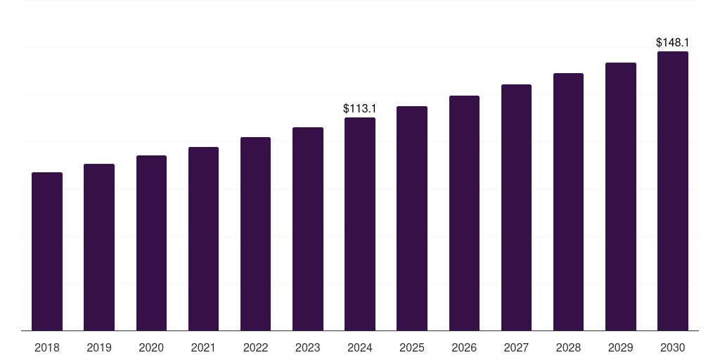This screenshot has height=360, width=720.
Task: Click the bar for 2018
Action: [47, 251]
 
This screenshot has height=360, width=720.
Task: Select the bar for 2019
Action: [99, 247]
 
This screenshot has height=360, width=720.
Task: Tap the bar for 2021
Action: [203, 238]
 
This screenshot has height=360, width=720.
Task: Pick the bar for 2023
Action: [308, 229]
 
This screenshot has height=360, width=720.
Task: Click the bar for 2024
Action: [360, 224]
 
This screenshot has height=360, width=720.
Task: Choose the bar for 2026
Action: [464, 213]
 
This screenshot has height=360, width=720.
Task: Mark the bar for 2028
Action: [568, 202]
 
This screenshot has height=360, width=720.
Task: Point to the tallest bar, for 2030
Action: [673, 191]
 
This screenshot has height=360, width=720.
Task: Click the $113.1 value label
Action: [360, 108]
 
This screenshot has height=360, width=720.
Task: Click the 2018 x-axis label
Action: [47, 347]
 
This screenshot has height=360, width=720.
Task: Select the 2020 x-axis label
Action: [151, 347]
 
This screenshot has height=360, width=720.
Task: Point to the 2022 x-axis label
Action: [255, 347]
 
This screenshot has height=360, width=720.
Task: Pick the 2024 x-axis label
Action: [360, 347]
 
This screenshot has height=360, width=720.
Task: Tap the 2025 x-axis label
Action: [412, 347]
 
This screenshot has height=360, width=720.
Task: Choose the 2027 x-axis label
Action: [516, 347]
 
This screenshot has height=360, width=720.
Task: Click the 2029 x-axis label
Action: [620, 347]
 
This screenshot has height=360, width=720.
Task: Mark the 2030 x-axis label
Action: [673, 347]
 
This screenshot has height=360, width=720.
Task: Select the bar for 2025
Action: [412, 218]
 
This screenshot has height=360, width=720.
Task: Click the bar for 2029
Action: [621, 196]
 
